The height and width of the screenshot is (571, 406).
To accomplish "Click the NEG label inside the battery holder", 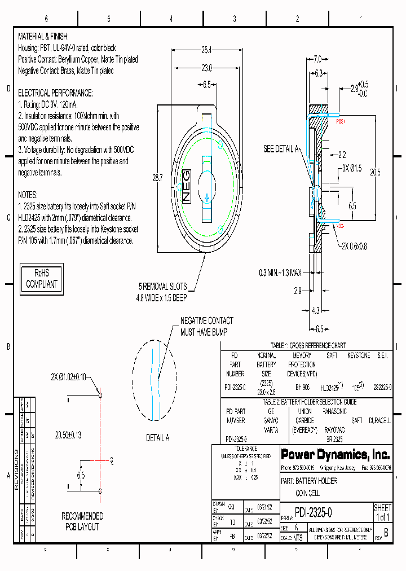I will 187,186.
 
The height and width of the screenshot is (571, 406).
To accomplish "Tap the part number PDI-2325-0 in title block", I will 314,513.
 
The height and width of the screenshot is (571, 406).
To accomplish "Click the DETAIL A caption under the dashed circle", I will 158,438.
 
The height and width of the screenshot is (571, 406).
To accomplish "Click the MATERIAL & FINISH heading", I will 46,35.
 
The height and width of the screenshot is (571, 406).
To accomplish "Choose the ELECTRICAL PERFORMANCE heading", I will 55,93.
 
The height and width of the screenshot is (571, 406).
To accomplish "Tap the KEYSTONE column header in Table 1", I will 358,356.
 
